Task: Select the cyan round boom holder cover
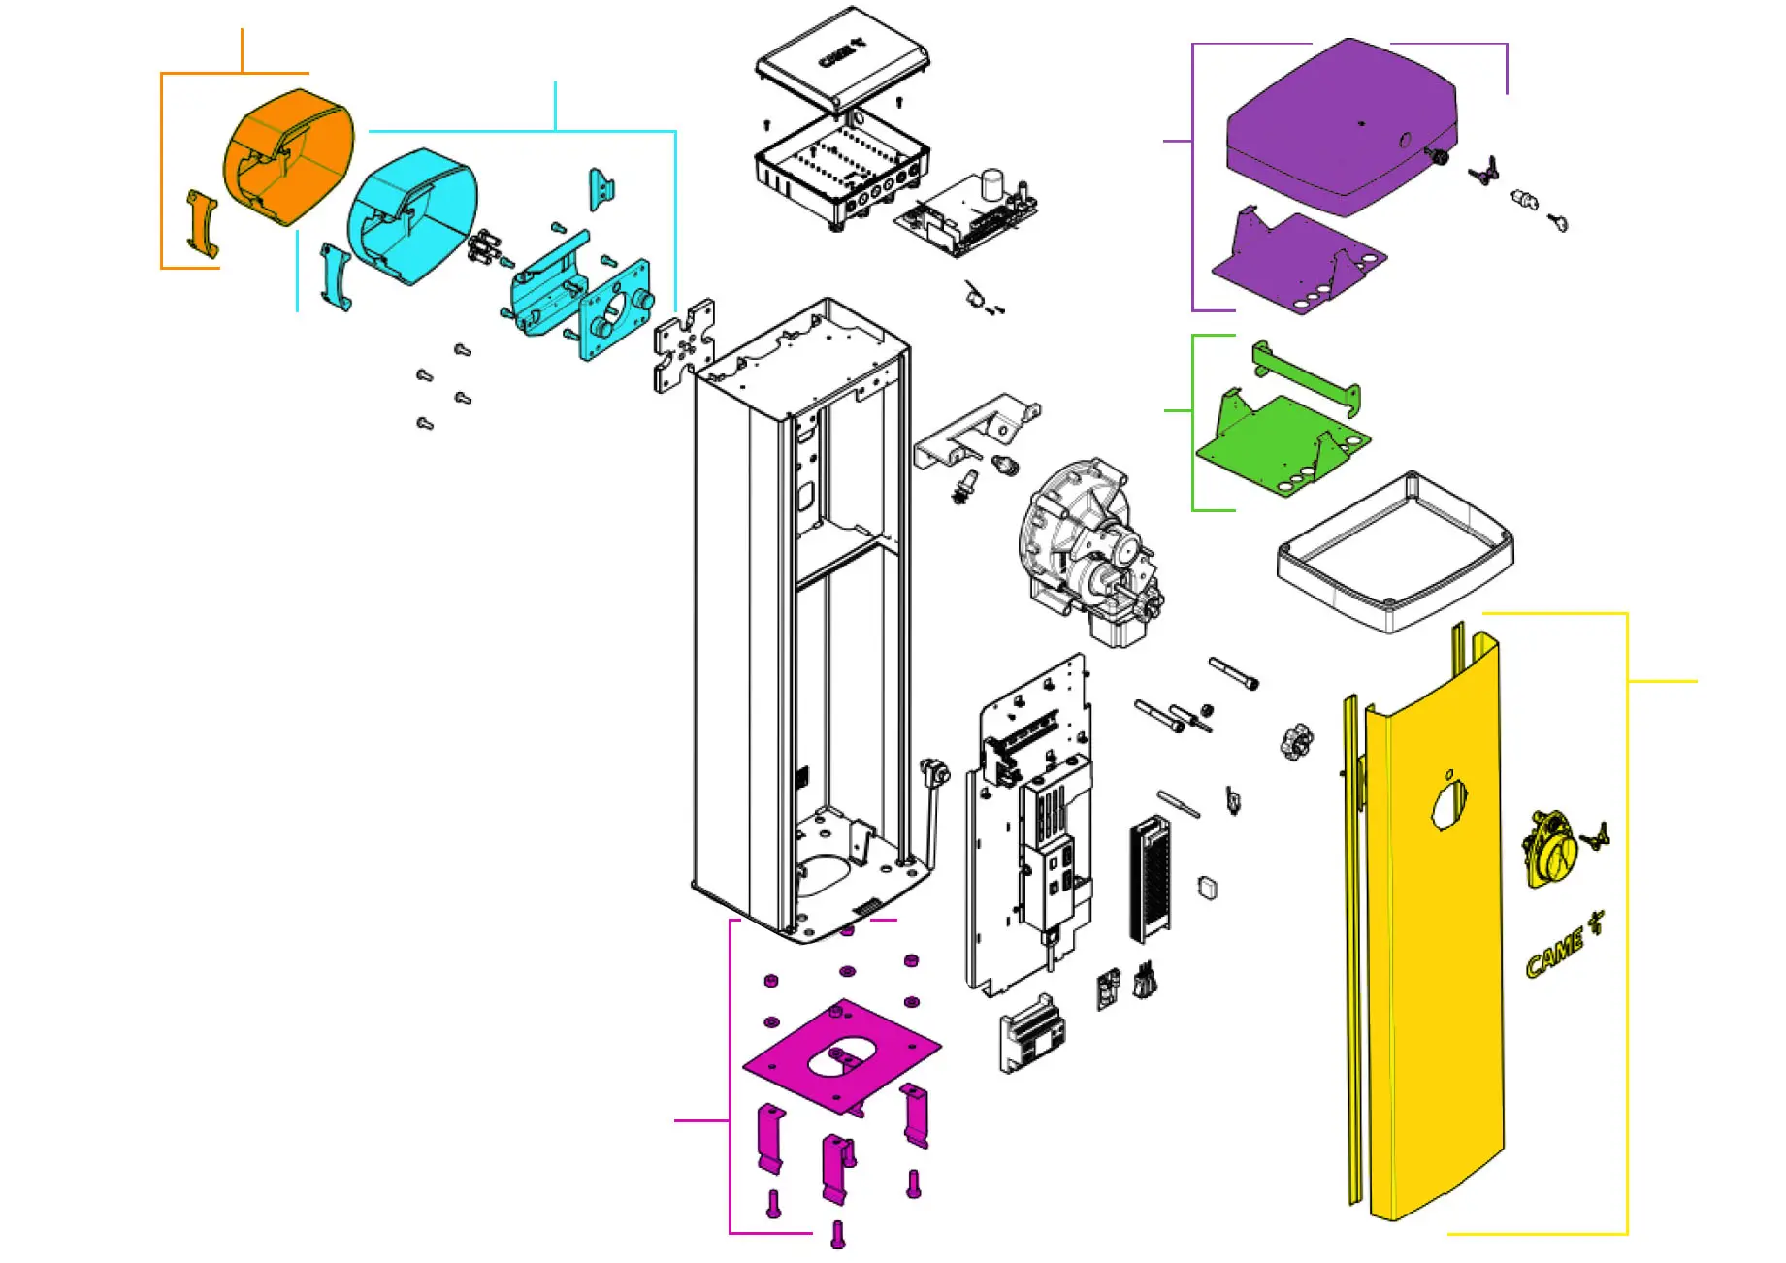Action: [x=413, y=215]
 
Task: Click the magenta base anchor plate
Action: [x=842, y=1054]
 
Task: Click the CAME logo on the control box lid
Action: [x=840, y=53]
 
